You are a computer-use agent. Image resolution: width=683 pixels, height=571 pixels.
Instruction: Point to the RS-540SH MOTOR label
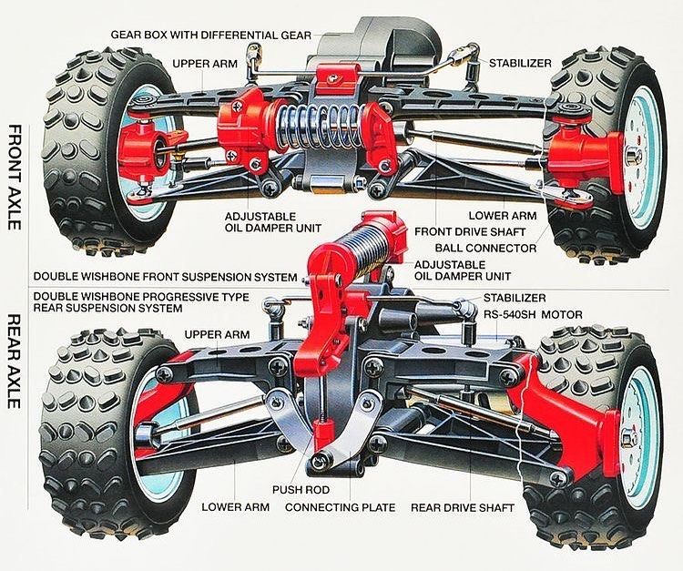click(x=535, y=314)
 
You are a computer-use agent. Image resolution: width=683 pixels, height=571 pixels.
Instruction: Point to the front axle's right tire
click(x=602, y=150)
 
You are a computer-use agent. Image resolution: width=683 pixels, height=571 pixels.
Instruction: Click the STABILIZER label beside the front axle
click(x=518, y=63)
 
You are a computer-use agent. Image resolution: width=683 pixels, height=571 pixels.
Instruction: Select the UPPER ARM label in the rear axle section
click(x=218, y=334)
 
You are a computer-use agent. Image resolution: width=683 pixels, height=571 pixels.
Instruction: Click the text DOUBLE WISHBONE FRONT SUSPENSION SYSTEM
click(x=165, y=276)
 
